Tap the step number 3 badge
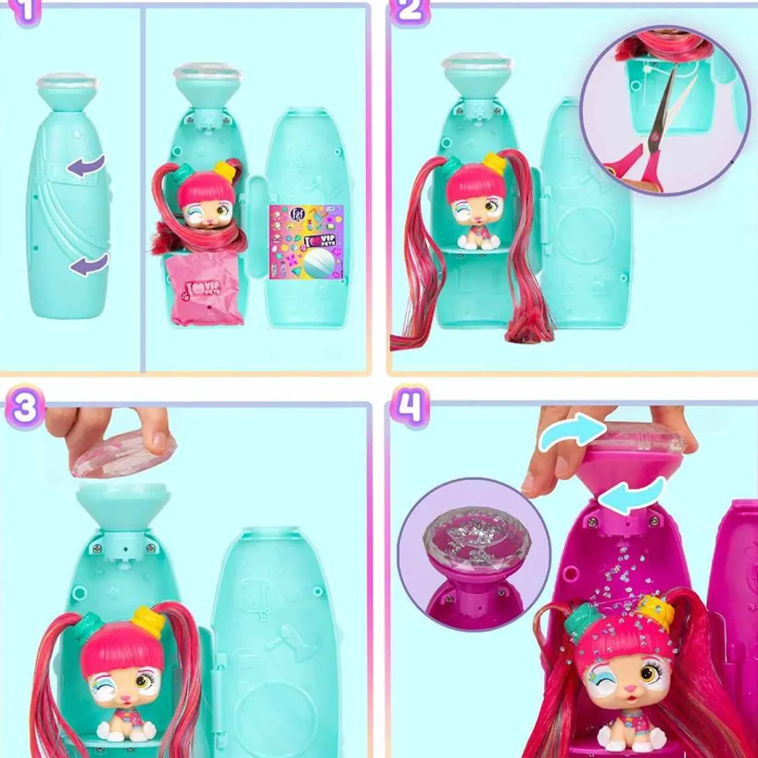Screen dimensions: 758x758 (x=25, y=408)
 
